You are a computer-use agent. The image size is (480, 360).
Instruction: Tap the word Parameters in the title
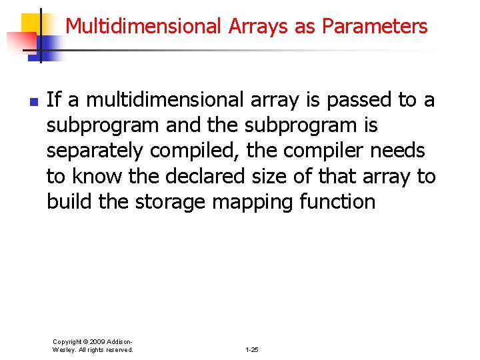coord(375,26)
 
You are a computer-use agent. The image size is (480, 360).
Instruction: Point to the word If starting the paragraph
coord(54,100)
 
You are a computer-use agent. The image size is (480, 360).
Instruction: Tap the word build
coord(70,202)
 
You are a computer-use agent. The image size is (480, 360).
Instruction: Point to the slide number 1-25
coord(252,349)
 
